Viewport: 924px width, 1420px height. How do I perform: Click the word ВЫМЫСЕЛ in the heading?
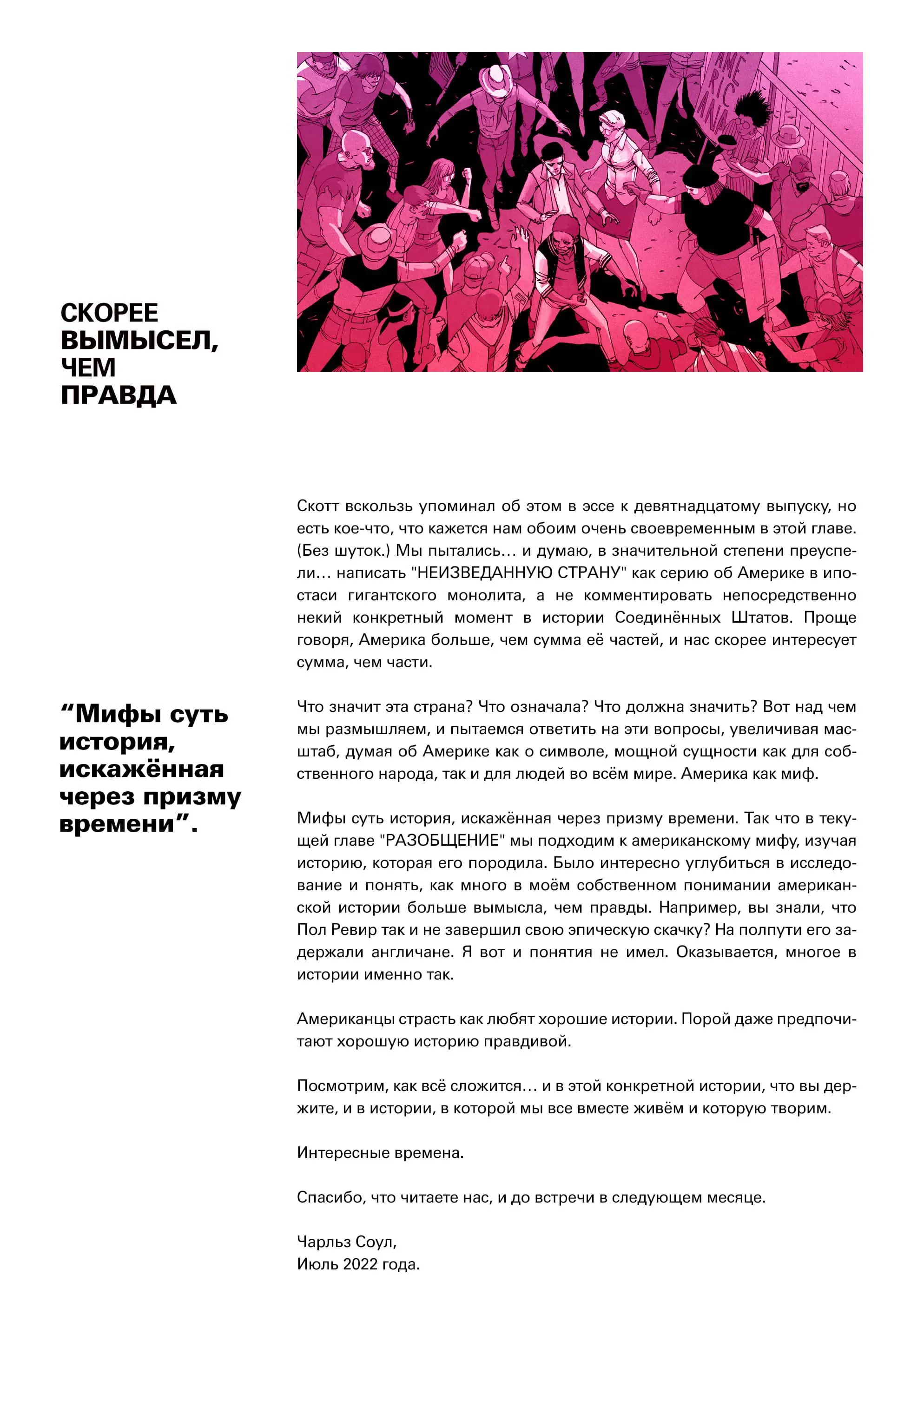(139, 340)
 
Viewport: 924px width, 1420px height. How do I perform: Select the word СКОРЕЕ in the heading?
(109, 313)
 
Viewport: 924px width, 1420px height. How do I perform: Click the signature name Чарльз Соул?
(346, 1242)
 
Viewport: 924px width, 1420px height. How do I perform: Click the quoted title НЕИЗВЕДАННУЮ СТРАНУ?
(518, 573)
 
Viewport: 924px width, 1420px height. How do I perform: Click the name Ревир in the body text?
(353, 930)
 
